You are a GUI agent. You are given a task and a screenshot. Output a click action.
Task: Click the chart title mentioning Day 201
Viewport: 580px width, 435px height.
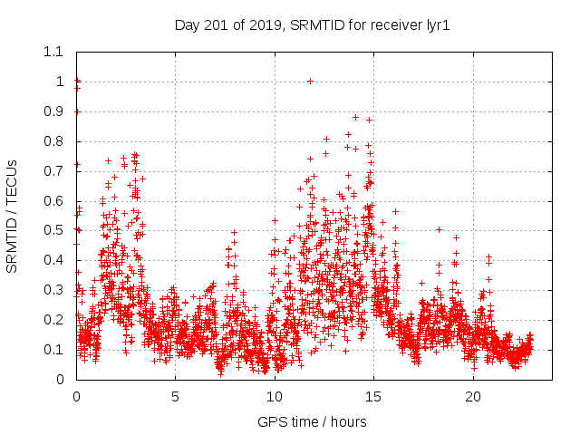tap(312, 25)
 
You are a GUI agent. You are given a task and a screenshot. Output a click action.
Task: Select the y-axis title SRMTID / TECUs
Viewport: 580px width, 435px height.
tap(13, 215)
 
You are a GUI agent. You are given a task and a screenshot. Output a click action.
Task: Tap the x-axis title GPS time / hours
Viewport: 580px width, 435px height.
tap(312, 421)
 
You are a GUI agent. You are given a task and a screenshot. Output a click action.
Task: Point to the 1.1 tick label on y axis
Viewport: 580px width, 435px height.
tap(54, 52)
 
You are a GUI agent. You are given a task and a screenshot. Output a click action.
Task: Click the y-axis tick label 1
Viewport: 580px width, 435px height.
tap(60, 82)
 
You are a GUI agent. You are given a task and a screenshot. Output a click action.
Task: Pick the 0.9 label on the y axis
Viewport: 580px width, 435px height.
tap(54, 111)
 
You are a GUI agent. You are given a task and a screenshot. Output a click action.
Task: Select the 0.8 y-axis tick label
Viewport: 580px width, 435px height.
tap(54, 141)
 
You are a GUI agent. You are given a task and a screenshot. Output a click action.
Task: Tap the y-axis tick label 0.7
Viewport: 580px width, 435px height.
tap(54, 171)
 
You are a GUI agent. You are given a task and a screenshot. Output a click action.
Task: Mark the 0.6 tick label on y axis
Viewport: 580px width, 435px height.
tap(54, 201)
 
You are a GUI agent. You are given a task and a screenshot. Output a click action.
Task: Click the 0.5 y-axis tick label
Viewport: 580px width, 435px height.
tap(54, 230)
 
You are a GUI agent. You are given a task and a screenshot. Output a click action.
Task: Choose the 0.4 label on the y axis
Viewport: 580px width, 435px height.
tap(54, 260)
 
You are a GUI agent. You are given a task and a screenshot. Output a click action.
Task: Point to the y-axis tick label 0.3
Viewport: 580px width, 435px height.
tap(54, 290)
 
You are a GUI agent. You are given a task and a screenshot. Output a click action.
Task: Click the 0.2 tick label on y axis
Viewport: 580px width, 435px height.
tap(54, 320)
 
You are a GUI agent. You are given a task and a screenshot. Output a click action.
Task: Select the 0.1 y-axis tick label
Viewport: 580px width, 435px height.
tap(54, 350)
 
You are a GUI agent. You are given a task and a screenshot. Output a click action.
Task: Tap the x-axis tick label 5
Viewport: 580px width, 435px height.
tap(175, 397)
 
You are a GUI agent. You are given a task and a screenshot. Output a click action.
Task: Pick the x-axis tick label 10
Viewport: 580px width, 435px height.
tap(275, 397)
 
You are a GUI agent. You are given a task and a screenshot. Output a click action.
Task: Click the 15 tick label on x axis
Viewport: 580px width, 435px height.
tap(373, 397)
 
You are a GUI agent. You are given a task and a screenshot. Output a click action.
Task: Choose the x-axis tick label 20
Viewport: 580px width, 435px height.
tap(473, 397)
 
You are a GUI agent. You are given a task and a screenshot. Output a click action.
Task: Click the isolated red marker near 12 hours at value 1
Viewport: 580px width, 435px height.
tap(310, 81)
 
